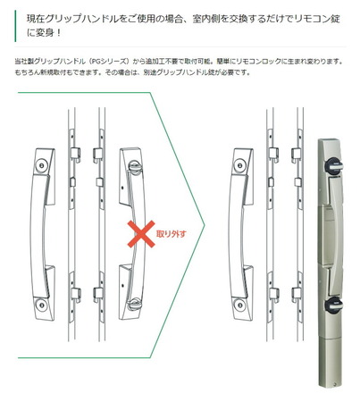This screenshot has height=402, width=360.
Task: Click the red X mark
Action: click(141, 234)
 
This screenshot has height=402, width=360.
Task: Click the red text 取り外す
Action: click(171, 234)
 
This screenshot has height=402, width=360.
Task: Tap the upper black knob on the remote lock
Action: click(333, 166)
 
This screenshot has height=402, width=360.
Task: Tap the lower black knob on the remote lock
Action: click(333, 305)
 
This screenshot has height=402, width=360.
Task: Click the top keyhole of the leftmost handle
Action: click(42, 165)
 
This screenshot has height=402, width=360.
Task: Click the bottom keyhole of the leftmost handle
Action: click(42, 305)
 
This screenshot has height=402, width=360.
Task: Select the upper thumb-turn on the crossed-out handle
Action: click(135, 165)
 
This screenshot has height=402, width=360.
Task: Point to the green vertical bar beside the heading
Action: click(15, 26)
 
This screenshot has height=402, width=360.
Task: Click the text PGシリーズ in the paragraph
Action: click(109, 62)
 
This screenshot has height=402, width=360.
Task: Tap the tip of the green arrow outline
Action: click(205, 225)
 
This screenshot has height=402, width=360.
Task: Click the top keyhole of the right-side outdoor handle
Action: click(240, 165)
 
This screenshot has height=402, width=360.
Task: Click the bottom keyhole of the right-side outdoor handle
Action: click(240, 305)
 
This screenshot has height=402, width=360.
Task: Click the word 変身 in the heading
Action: click(45, 32)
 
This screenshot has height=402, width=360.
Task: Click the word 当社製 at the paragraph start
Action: click(24, 62)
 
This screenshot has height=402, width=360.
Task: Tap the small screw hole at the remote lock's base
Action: click(335, 384)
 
